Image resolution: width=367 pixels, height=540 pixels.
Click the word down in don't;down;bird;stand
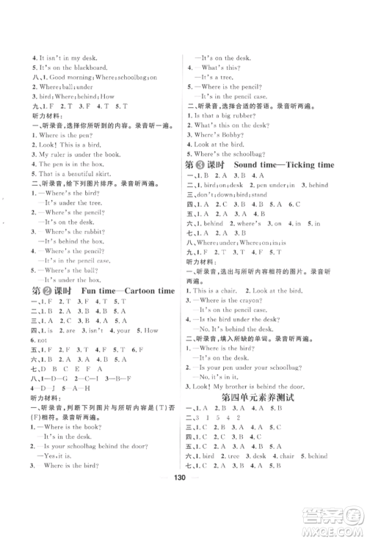pos(227,197)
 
